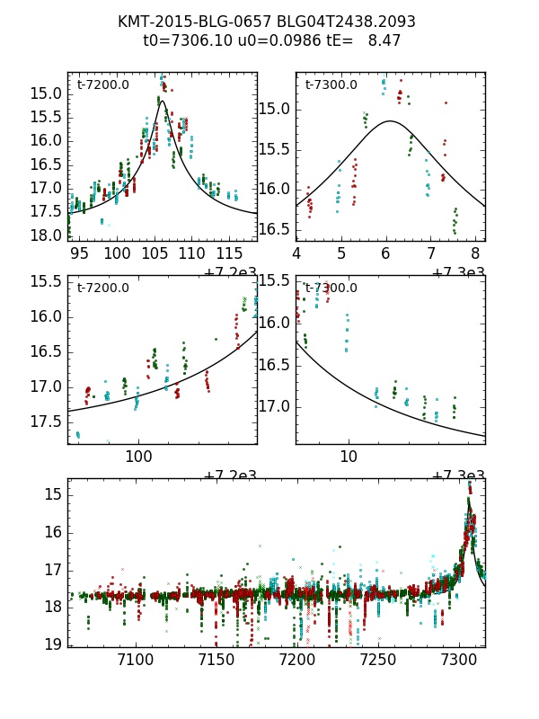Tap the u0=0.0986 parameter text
pyautogui.click(x=270, y=40)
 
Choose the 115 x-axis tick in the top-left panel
pyautogui.click(x=230, y=253)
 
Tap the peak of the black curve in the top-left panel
pyautogui.click(x=162, y=102)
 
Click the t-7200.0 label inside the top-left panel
pyautogui.click(x=102, y=84)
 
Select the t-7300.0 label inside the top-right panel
pyautogui.click(x=331, y=84)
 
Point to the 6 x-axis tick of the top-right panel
pyautogui.click(x=385, y=253)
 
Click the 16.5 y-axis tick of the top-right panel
pyautogui.click(x=275, y=229)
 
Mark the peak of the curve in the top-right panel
pyautogui.click(x=391, y=120)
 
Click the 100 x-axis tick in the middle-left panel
pyautogui.click(x=138, y=456)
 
